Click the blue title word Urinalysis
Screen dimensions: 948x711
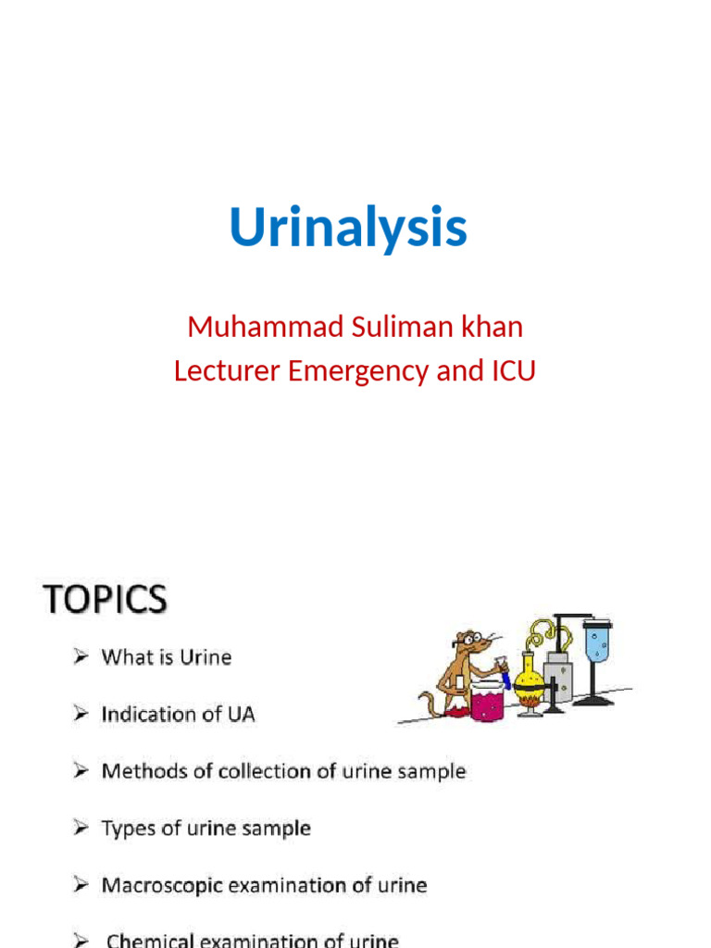click(x=348, y=228)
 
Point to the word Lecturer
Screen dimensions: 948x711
click(x=226, y=371)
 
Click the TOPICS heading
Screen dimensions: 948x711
click(x=105, y=600)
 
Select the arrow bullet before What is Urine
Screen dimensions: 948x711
click(x=81, y=657)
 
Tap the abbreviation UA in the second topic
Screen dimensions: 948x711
click(x=240, y=715)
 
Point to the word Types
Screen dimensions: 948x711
click(x=126, y=829)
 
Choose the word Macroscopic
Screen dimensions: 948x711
click(x=162, y=886)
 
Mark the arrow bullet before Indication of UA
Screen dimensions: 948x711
click(x=81, y=715)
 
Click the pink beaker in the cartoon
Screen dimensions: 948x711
click(x=487, y=702)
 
